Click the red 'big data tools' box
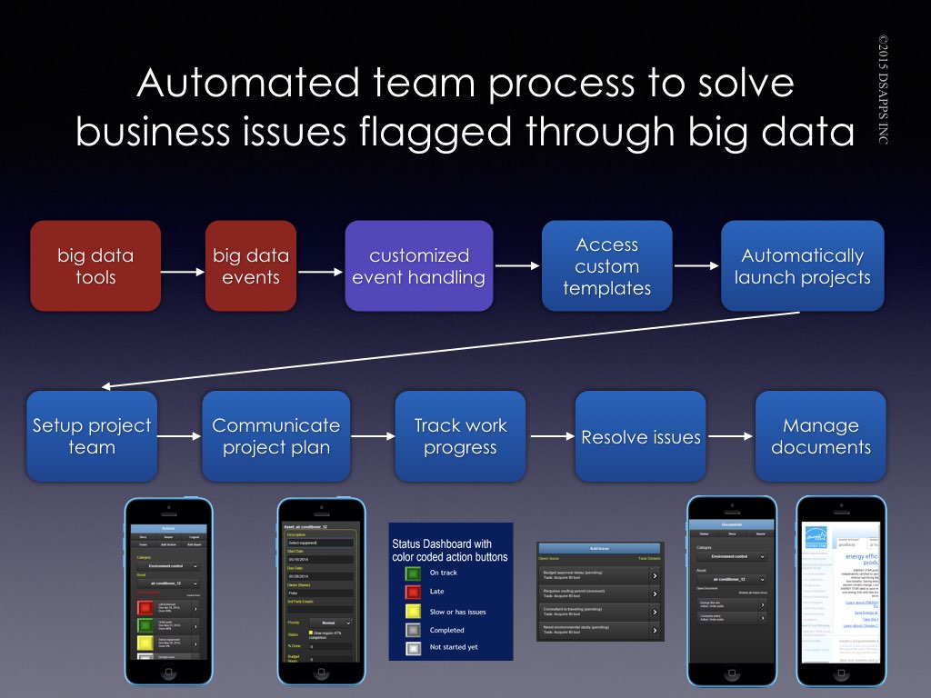pos(95,266)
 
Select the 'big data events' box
pos(252,266)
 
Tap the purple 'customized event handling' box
pos(419,266)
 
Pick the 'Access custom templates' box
pos(606,266)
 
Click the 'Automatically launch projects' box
pos(802,266)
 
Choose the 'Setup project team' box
pos(92,436)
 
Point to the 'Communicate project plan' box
pos(275,436)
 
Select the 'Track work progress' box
pos(460,436)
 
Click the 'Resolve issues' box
pos(641,436)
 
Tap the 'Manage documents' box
pos(820,436)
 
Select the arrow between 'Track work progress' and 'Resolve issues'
pos(550,437)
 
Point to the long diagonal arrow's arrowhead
pos(106,386)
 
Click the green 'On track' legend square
pos(413,573)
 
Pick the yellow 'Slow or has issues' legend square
pos(413,611)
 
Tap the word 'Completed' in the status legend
pos(446,630)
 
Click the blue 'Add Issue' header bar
pos(600,549)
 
